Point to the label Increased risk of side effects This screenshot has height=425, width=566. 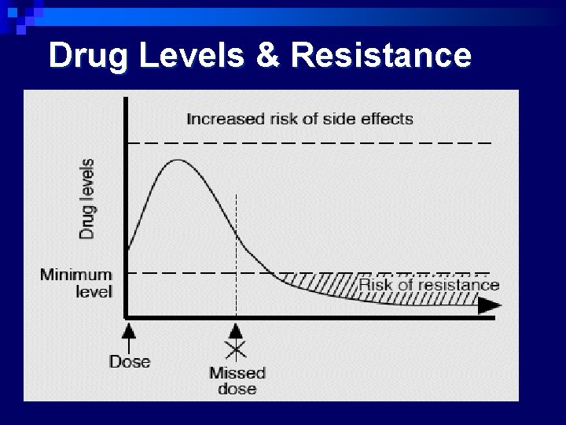coord(300,119)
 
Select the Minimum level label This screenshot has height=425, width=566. coord(77,283)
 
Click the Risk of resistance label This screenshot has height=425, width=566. coord(429,284)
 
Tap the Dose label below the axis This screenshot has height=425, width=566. coord(130,362)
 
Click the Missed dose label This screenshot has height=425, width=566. coord(237,381)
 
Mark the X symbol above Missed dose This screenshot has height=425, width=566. coord(236,349)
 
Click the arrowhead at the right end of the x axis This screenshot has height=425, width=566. coord(489,307)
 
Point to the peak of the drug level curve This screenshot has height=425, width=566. coord(178,161)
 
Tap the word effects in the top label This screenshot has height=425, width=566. coord(385,119)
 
